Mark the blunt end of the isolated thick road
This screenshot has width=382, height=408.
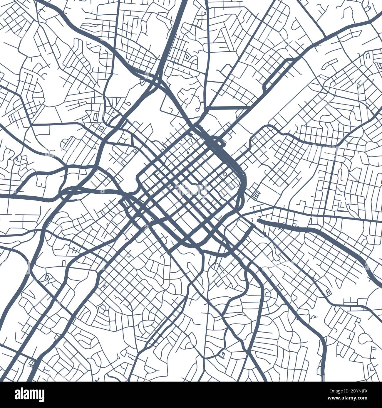coord(259,220)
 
